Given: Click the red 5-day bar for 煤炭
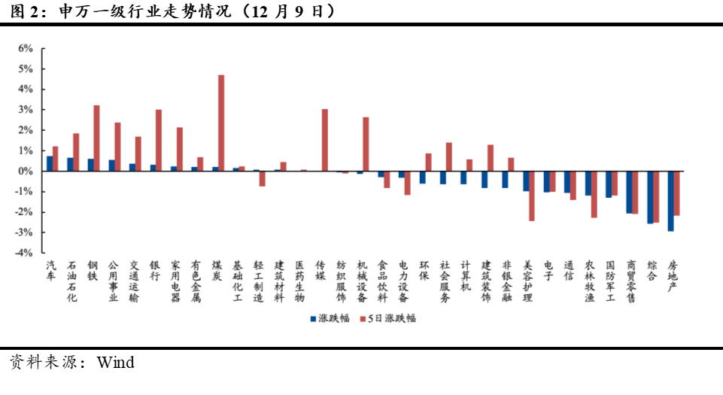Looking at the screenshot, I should point(221,123).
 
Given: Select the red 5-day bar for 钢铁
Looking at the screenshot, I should point(97,138).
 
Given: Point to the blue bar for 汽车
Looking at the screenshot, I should point(49,164).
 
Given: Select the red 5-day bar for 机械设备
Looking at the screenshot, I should point(366,144).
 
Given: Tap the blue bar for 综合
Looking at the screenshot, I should point(650,198).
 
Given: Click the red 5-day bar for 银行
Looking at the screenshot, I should point(159,141).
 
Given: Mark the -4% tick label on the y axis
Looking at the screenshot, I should point(24,254).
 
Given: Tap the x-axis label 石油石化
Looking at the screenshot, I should point(72,281).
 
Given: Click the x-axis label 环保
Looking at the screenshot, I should point(424,270).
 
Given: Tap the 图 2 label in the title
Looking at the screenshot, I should point(23,11).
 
